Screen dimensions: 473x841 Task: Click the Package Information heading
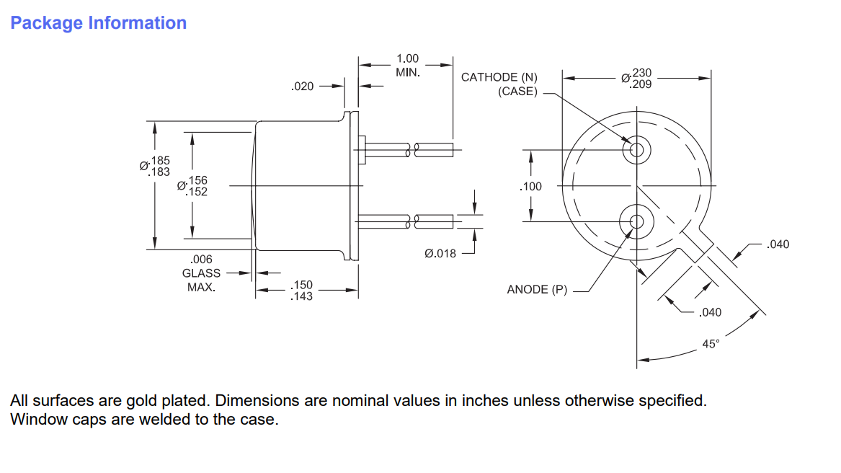point(98,23)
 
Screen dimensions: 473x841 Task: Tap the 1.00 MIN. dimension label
point(407,66)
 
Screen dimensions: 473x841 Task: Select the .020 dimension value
point(302,87)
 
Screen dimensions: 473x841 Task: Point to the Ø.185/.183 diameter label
point(155,166)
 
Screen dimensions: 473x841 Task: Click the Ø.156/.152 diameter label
point(192,186)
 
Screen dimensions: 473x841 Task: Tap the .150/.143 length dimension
point(301,291)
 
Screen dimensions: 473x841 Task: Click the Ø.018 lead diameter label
point(440,253)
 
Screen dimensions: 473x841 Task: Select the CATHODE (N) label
point(499,77)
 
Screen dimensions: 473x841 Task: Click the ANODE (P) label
point(537,290)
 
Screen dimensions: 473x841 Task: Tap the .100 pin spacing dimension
point(530,187)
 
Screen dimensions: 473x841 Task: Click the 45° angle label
point(711,344)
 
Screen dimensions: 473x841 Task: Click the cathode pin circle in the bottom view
point(636,150)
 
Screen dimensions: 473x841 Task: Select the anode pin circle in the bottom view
point(636,221)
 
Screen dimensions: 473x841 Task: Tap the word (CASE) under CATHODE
point(517,92)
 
